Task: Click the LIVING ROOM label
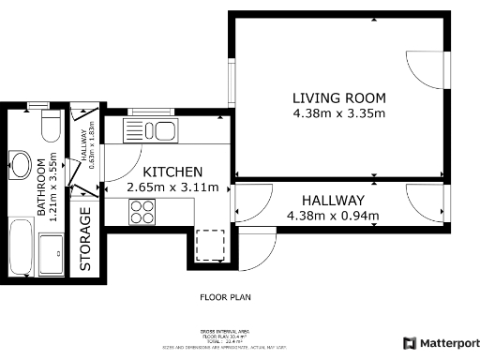(x=338, y=98)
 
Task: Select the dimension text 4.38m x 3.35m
(x=338, y=113)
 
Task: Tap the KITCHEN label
(x=172, y=172)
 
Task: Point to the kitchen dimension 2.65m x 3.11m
(x=172, y=187)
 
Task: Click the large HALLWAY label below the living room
(x=333, y=201)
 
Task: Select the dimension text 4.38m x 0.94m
(x=333, y=216)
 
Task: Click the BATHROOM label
(x=41, y=187)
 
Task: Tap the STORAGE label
(x=85, y=242)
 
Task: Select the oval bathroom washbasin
(x=19, y=165)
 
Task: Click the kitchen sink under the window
(x=157, y=130)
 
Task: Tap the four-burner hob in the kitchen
(x=142, y=213)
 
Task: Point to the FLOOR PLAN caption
(x=225, y=297)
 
